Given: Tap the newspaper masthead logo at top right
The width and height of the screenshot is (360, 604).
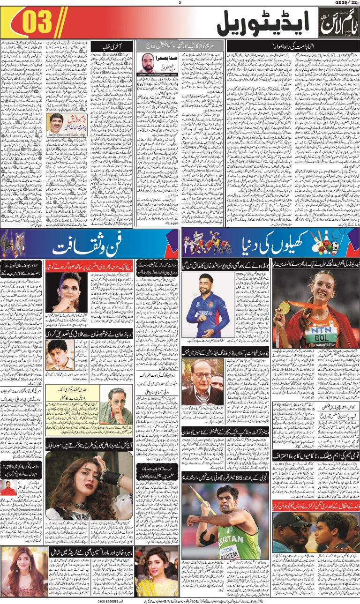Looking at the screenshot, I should (x=338, y=23).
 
